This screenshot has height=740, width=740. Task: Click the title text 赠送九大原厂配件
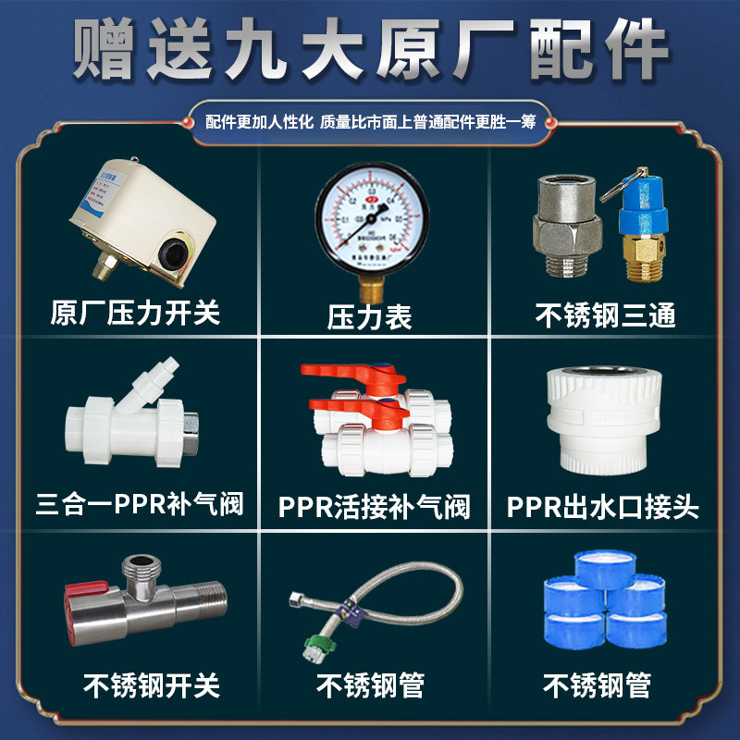(x=370, y=48)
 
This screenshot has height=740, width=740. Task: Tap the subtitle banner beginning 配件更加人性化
(x=370, y=120)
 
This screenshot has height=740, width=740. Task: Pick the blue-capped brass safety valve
(x=638, y=222)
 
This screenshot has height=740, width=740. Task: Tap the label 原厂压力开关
(x=136, y=312)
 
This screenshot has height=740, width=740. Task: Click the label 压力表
(x=369, y=317)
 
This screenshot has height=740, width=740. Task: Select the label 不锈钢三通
(x=606, y=315)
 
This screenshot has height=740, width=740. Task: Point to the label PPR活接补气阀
(x=374, y=507)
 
